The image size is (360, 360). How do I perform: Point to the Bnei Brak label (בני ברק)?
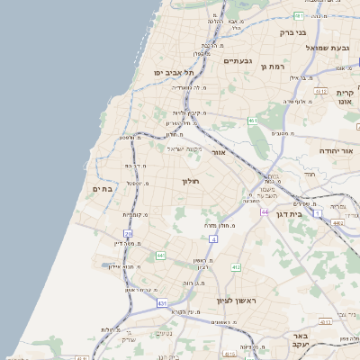(x=293, y=32)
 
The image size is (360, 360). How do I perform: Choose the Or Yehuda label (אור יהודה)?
(x=337, y=152)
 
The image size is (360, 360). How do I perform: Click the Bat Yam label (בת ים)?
(x=101, y=188)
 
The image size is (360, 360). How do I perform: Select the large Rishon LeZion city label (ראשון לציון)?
(x=237, y=300)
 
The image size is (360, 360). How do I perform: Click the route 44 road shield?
(x=265, y=211)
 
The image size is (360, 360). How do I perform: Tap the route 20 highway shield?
(x=128, y=232)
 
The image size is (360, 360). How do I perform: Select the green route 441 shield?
(x=159, y=256)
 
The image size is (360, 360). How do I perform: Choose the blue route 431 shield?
(x=162, y=303)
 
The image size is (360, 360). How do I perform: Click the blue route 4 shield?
(x=213, y=239)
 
